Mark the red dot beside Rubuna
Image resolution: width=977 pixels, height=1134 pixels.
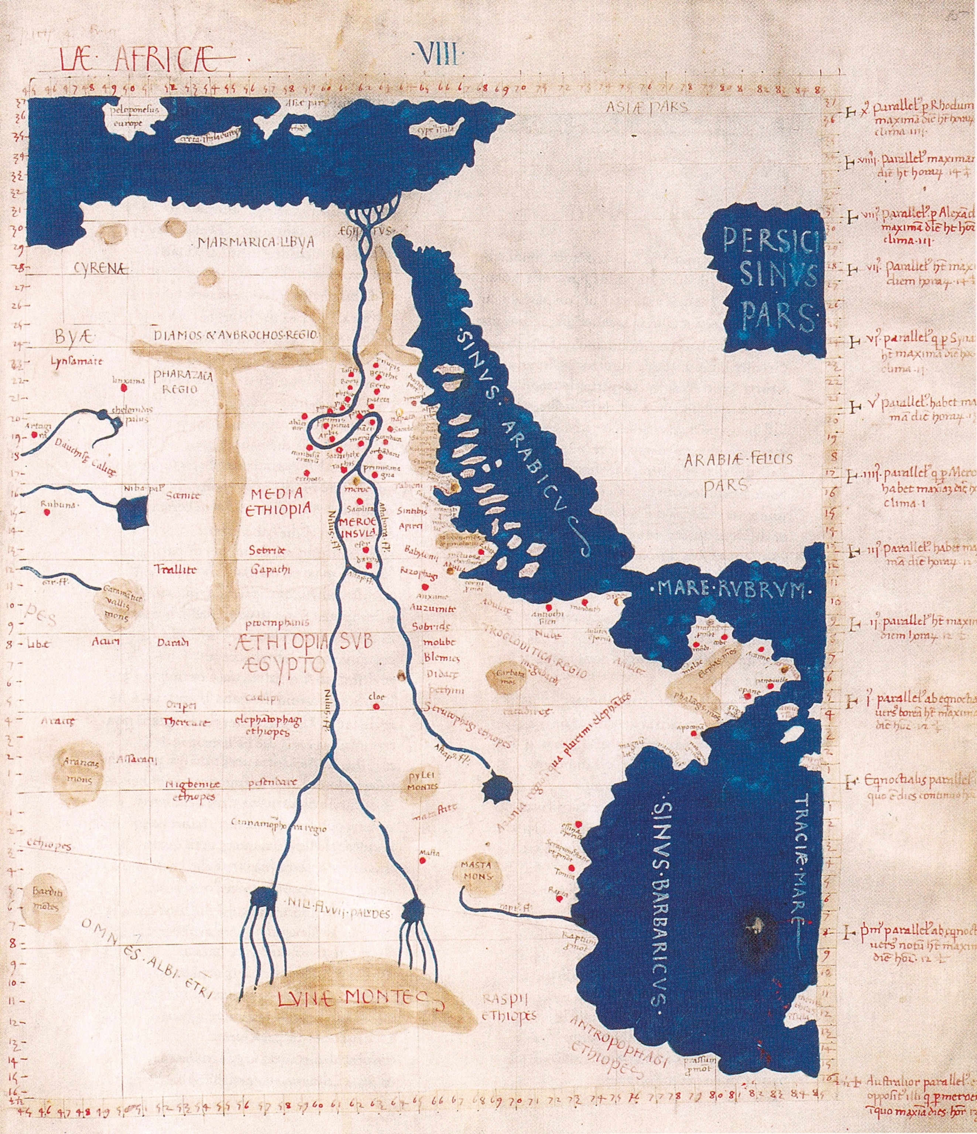47,512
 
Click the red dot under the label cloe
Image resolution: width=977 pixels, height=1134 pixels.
377,707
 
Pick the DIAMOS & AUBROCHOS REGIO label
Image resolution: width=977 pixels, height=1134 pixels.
236,335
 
